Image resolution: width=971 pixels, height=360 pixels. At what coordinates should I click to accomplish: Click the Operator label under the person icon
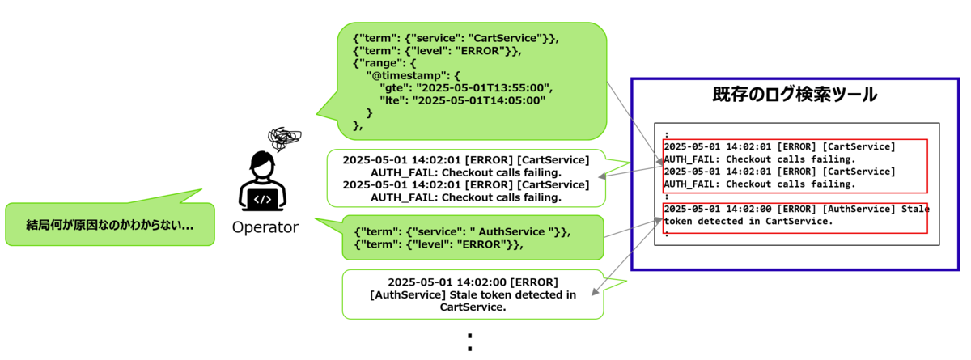click(265, 227)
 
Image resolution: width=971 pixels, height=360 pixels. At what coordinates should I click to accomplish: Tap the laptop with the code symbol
click(263, 200)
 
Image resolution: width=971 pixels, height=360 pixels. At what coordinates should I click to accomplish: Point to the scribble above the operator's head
click(284, 138)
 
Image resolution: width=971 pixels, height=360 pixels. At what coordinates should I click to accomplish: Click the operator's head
click(262, 163)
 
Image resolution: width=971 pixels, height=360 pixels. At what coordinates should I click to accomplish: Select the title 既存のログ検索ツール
click(795, 95)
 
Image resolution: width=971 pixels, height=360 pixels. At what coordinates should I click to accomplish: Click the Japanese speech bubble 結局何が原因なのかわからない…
click(110, 224)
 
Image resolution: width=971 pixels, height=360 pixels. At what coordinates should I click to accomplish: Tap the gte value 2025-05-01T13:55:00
click(483, 88)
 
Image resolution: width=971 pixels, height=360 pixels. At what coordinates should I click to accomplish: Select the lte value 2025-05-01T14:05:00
click(479, 100)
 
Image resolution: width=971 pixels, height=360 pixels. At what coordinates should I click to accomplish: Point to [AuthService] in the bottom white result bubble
click(408, 294)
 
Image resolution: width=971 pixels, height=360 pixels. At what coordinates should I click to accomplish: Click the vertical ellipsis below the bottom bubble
click(470, 342)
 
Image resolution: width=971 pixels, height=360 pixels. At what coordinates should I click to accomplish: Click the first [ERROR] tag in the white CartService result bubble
click(489, 160)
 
